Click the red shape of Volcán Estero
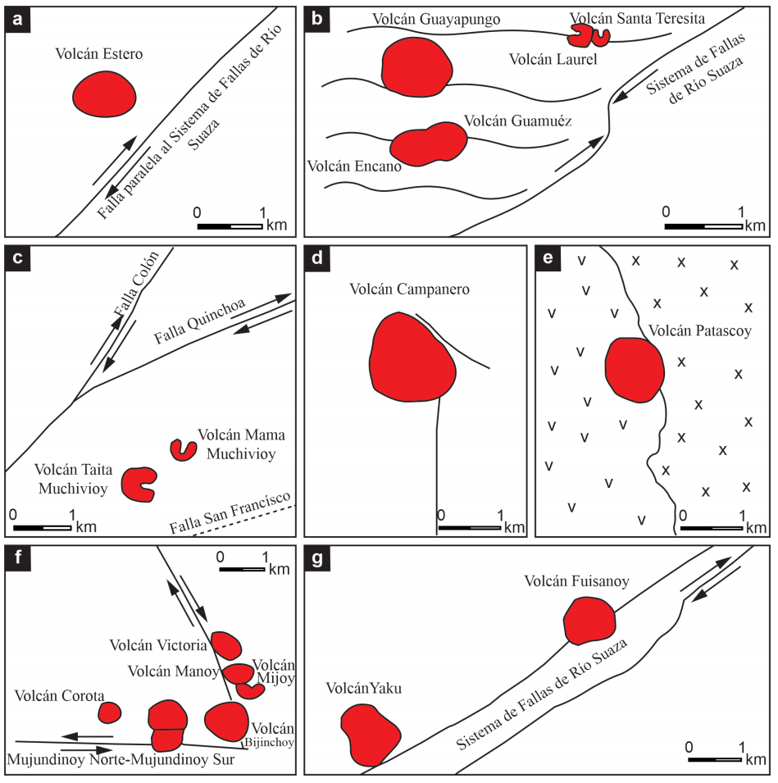coord(104,94)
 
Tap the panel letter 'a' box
coord(18,20)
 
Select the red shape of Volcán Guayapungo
coord(416,67)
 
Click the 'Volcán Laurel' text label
coord(553,59)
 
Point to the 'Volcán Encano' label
coord(354,166)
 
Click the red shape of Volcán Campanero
coord(412,357)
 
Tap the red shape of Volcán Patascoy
coord(635,370)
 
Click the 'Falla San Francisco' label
coord(230,513)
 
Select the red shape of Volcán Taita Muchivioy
coord(139,485)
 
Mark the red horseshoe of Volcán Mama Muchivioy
coord(183,450)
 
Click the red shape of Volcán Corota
coord(109,712)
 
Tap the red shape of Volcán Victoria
coord(226,645)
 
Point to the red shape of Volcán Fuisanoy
coord(589,621)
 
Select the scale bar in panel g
coord(715,760)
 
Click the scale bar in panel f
coord(242,569)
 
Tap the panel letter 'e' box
coord(548,258)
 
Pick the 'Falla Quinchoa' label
coord(199,321)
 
